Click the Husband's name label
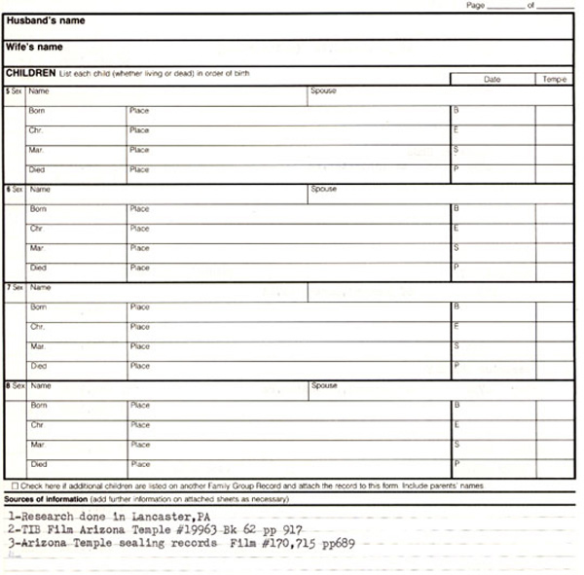tap(45, 20)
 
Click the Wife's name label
tap(34, 47)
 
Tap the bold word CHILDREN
tap(30, 73)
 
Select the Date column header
tap(492, 79)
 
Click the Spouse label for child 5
tap(323, 91)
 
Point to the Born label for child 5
tap(38, 111)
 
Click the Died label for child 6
tap(38, 268)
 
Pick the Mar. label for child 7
tap(38, 346)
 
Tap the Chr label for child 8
tap(37, 425)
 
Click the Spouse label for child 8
tap(324, 385)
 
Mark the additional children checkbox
tap(14, 485)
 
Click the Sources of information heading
tap(45, 498)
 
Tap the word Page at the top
tap(475, 6)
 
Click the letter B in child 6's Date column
tap(456, 208)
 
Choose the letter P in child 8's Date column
tap(456, 463)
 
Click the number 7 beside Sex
tap(9, 288)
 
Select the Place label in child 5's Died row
tap(139, 169)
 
